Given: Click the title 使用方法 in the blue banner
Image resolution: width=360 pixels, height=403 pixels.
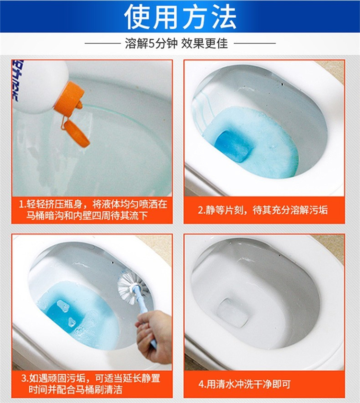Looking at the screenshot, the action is point(180,16).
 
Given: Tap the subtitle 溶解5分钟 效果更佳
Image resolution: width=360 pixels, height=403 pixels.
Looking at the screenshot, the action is point(177,43).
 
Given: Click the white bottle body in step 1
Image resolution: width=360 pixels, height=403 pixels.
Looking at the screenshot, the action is point(38,85).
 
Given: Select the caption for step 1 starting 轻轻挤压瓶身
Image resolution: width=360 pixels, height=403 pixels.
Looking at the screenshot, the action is point(93,210).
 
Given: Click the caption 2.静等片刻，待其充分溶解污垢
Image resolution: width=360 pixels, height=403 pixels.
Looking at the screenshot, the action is point(263,210).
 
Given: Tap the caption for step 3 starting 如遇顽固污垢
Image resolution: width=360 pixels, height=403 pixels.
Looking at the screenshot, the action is point(91,384).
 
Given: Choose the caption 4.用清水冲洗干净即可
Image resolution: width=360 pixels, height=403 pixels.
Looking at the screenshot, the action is point(245,384).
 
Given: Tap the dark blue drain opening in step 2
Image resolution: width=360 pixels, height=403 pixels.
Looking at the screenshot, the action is point(233,146).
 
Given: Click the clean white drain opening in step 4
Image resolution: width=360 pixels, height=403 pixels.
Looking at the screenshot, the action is point(233,313).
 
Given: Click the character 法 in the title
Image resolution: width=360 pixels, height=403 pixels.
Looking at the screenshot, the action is point(222,16).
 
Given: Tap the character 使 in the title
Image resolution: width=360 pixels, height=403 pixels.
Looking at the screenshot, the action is point(138,16).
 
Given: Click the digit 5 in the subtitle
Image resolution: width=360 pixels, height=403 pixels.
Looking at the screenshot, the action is point(152,43).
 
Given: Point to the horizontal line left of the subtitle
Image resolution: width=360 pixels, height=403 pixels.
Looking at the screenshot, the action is point(103,43).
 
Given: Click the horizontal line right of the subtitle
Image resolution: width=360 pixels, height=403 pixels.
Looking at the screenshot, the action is point(255,43).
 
